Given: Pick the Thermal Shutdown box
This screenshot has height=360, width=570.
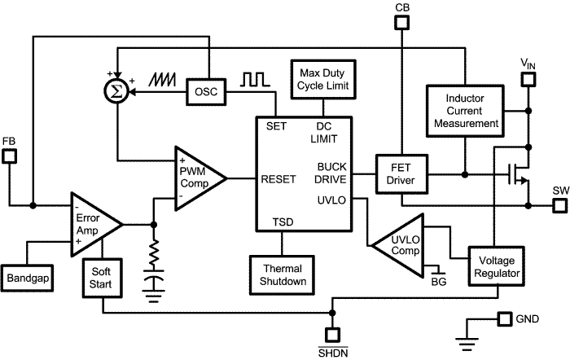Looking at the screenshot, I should coord(282,274).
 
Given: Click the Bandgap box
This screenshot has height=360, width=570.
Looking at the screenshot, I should coord(28,279).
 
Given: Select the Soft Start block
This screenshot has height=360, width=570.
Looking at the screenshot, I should coord(102,279).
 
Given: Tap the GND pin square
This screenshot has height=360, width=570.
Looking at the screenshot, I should coord(505,318).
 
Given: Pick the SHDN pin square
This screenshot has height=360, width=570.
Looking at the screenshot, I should coord(332,334).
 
